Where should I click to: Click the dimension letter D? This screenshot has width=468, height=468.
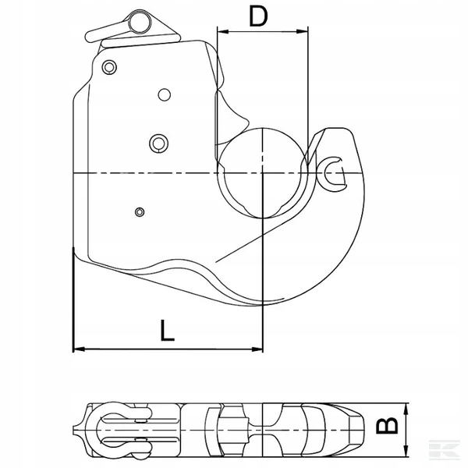258,16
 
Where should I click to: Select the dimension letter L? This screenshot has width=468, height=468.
167,330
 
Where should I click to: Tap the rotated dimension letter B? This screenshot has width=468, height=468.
387,425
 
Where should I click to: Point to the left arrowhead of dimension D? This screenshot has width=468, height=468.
223,31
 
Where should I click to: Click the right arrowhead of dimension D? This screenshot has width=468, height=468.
302,31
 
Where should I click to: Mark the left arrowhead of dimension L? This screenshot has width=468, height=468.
79,349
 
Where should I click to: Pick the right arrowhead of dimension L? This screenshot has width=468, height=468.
257,349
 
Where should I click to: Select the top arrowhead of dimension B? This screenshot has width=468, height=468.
406,409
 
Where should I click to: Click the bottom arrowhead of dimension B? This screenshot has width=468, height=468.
406,451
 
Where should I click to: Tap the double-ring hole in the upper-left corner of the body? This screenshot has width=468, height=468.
109,67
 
